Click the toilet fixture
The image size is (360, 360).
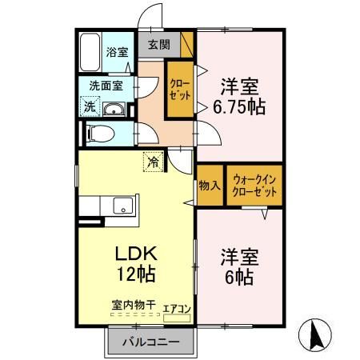(99, 131)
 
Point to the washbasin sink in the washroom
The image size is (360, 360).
(114, 110)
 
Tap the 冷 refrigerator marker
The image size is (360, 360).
(152, 162)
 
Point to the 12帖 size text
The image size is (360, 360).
(134, 274)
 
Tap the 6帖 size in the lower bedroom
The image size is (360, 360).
(238, 277)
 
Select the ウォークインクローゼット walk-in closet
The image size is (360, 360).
(255, 186)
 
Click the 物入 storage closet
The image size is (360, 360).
(209, 186)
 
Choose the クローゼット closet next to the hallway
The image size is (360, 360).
(179, 89)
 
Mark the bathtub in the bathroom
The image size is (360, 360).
(90, 53)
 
